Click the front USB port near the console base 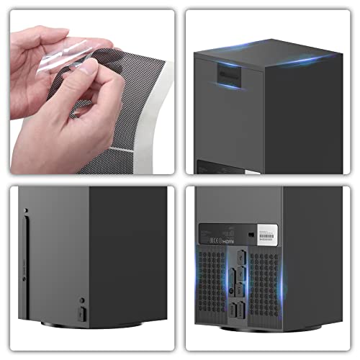81,315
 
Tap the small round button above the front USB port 81,300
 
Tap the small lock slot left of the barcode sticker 250,234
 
